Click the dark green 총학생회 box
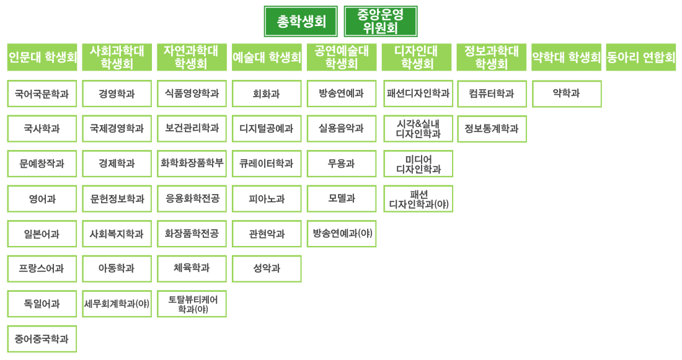tap(301, 21)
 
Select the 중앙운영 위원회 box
tap(381, 21)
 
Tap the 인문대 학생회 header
tap(42, 57)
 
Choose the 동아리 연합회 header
tap(640, 57)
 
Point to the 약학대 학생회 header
tap(566, 57)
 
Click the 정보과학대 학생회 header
tap(492, 57)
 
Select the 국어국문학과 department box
tap(42, 94)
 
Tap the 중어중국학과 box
tap(42, 339)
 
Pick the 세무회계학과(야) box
tap(117, 304)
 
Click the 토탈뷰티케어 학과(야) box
tap(192, 304)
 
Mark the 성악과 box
tap(267, 269)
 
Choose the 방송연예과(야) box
tap(342, 234)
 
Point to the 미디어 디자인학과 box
tap(418, 164)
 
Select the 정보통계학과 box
tap(492, 129)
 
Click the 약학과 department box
tap(567, 94)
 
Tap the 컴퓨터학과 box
tap(492, 94)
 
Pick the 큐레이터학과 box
tap(267, 164)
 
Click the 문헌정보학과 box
tap(117, 199)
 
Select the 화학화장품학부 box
tap(192, 164)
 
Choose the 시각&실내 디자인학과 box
tap(418, 129)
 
